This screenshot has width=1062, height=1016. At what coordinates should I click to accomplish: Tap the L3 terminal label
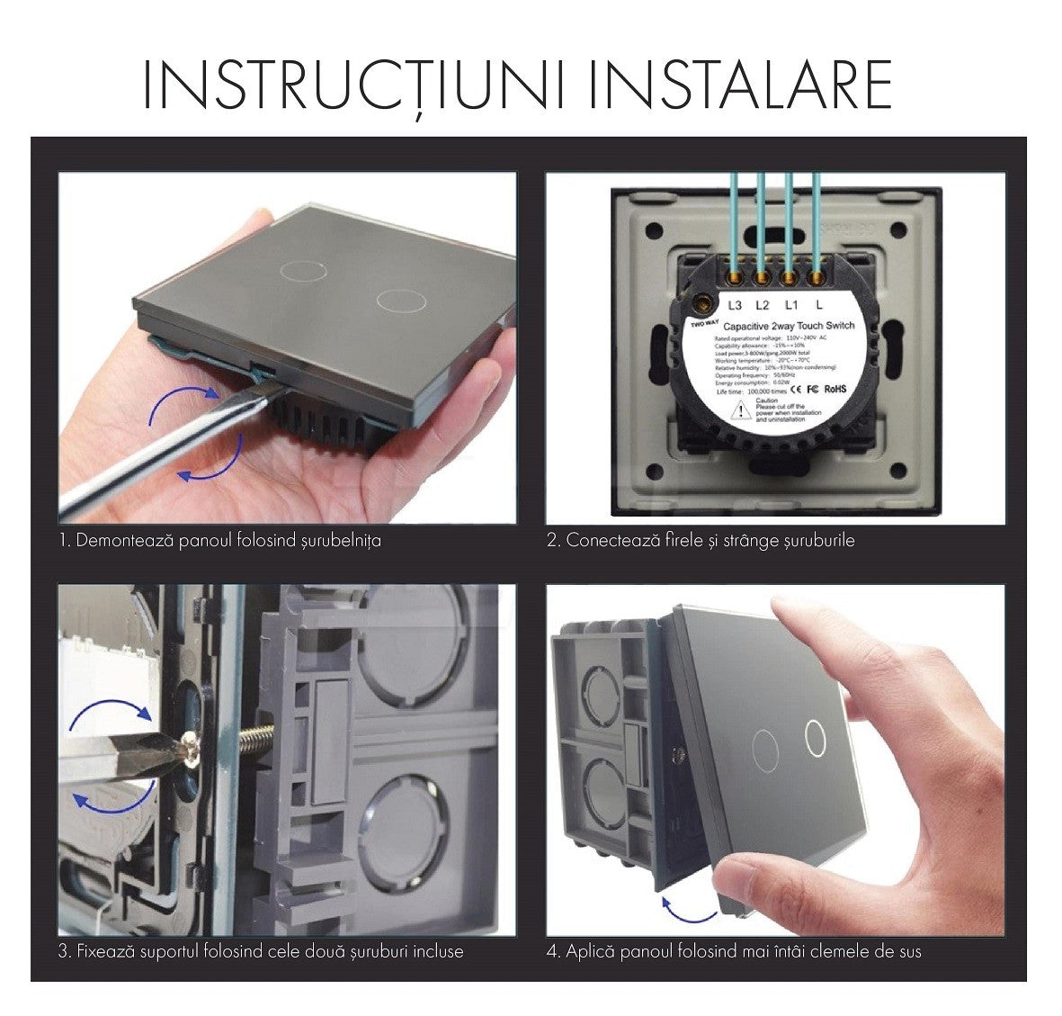(735, 305)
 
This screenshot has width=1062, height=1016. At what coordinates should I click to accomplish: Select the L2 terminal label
(763, 305)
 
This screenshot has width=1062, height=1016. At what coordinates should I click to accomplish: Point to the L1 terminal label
(790, 305)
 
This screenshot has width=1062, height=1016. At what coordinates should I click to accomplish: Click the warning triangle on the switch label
(739, 409)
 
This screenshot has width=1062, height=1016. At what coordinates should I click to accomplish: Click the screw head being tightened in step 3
(191, 746)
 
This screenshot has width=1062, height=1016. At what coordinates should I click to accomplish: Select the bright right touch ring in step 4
(815, 737)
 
